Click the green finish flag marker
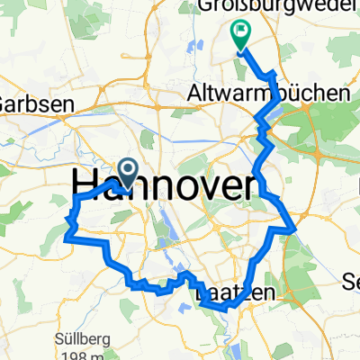240,35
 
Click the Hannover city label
168,185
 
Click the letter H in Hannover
85,185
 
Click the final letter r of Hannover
257,185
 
